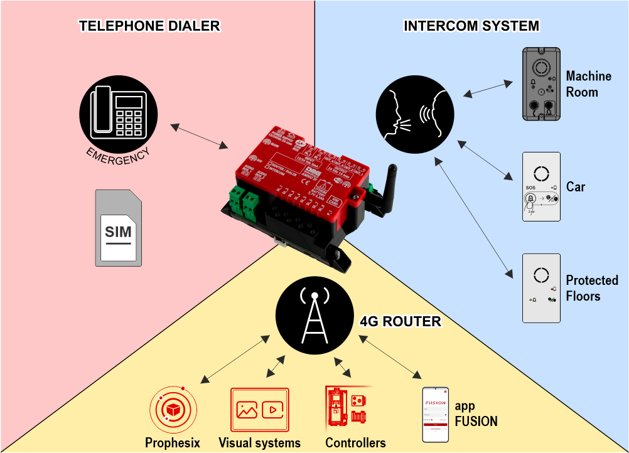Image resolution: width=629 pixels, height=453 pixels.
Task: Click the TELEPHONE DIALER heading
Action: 149,26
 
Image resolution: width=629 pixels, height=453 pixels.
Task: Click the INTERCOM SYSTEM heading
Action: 471,26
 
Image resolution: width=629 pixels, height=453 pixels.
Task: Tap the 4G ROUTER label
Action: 400,322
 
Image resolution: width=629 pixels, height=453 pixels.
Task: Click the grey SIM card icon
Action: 118,227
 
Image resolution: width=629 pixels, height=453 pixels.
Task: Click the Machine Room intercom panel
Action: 541,84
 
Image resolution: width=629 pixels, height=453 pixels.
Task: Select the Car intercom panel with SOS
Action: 541,186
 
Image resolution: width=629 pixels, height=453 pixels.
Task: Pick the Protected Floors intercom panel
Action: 541,287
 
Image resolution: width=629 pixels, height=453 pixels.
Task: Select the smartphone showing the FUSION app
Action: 435,414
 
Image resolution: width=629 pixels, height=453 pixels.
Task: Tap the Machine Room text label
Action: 588,84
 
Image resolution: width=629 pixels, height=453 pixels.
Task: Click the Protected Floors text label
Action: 591,288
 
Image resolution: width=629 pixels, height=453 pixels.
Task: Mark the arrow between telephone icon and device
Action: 200,136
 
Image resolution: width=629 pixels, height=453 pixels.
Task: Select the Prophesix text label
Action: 173,443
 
